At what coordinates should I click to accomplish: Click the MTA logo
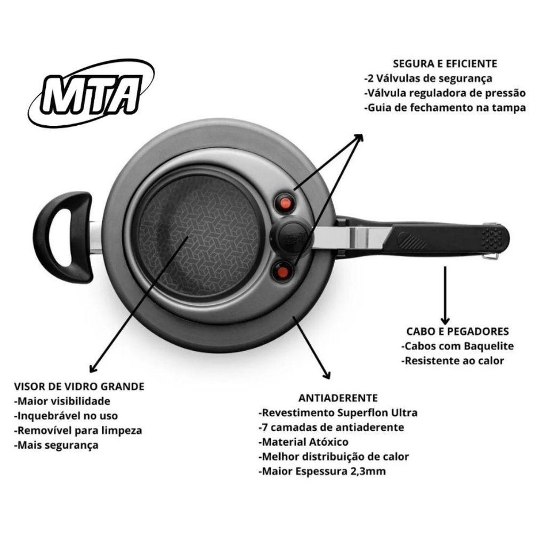(91, 94)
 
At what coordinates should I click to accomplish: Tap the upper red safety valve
(285, 203)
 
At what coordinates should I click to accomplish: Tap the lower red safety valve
(282, 272)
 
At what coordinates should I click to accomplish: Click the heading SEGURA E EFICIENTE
(445, 64)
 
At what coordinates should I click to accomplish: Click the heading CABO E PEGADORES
(457, 332)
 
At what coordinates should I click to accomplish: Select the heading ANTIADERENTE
(338, 398)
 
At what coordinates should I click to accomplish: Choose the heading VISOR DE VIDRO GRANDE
(79, 386)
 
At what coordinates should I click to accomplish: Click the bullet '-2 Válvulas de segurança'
(428, 78)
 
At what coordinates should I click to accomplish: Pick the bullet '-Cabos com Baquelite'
(457, 346)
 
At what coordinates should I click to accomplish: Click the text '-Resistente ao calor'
(453, 361)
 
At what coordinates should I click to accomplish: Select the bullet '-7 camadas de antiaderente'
(332, 427)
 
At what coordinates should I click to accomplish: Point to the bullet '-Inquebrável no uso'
(66, 416)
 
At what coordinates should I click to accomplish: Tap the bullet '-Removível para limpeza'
(78, 431)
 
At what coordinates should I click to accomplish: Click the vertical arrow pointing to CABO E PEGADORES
(445, 295)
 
